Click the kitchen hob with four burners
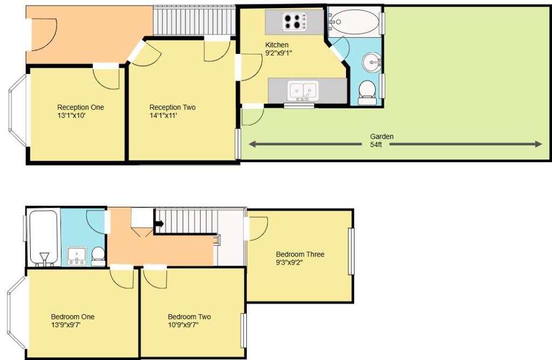[294, 22]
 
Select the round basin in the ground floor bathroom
[371, 62]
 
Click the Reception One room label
[80, 107]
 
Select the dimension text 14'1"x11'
[164, 115]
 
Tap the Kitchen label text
[277, 45]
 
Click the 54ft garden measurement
[376, 146]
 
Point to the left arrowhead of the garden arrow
[252, 144]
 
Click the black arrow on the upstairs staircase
[160, 223]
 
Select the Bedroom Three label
[300, 254]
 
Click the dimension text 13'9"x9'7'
[66, 325]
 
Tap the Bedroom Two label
[189, 317]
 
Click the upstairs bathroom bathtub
[43, 237]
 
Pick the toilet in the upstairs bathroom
[98, 255]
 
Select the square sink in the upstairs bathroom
[77, 255]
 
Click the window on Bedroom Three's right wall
[351, 251]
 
